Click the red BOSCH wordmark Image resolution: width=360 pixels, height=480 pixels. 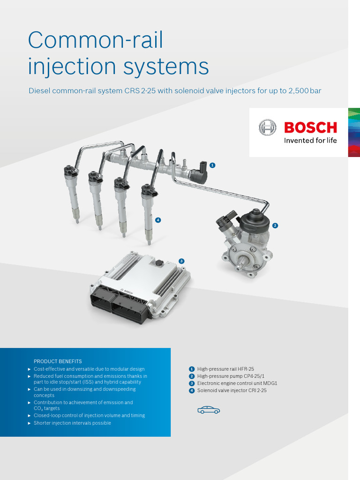[310, 127]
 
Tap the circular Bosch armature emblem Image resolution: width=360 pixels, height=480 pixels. [268, 127]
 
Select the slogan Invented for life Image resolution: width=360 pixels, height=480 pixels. [310, 140]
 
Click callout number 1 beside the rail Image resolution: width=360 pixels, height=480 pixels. [212, 165]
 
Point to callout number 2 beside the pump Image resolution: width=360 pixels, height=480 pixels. [275, 225]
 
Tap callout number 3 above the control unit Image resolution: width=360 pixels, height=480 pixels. [181, 261]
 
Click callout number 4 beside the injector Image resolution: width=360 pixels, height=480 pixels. [158, 219]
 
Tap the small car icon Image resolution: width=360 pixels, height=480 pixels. [209, 410]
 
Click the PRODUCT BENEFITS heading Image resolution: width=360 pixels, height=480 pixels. [58, 361]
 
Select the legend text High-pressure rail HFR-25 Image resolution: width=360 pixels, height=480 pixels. [225, 369]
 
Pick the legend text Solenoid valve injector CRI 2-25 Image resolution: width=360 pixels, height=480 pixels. [232, 390]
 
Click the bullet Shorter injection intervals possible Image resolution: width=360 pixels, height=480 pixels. [72, 423]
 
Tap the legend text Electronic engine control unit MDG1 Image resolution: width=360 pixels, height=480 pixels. [237, 383]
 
